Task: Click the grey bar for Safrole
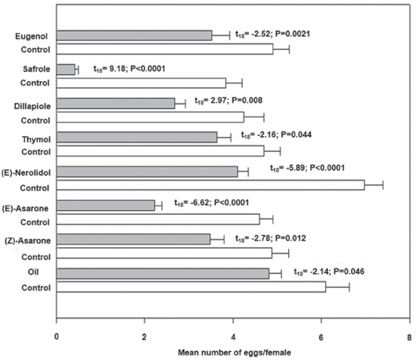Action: point(66,70)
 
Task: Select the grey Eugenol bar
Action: point(134,36)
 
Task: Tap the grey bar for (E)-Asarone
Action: point(106,206)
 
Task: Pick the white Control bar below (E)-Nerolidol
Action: point(210,185)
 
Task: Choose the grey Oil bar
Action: point(163,274)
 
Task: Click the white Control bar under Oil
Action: point(191,287)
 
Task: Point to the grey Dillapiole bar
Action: point(116,103)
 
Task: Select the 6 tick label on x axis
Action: point(321,337)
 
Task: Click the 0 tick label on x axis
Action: point(57,337)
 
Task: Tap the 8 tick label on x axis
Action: point(409,337)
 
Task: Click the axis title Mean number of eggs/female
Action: point(234,352)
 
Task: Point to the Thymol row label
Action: point(36,139)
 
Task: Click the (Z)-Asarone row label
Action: point(27,241)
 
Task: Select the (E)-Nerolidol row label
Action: point(26,173)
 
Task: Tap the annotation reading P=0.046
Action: point(349,272)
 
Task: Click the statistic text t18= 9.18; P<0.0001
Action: point(129,69)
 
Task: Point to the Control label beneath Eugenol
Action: point(36,50)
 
